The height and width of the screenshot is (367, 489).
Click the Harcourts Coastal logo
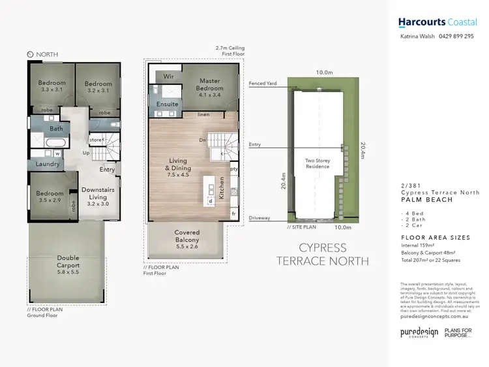pyautogui.click(x=437, y=22)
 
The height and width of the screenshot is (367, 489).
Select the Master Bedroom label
pyautogui.click(x=210, y=84)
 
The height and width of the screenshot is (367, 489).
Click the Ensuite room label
pyautogui.click(x=168, y=104)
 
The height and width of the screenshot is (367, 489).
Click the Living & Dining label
pyautogui.click(x=178, y=165)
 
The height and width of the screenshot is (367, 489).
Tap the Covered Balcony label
pyautogui.click(x=187, y=236)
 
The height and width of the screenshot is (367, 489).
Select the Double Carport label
pyautogui.click(x=68, y=262)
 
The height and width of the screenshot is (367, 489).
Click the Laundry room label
pyautogui.click(x=48, y=165)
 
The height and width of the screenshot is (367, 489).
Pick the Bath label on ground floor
pyautogui.click(x=56, y=129)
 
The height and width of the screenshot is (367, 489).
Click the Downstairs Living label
pyautogui.click(x=98, y=193)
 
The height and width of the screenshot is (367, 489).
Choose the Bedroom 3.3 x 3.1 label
pyautogui.click(x=52, y=87)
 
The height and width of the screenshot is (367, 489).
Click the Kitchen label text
pyautogui.click(x=222, y=187)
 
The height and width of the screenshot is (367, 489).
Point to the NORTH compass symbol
pyautogui.click(x=31, y=55)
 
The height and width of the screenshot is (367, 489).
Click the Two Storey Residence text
pyautogui.click(x=319, y=163)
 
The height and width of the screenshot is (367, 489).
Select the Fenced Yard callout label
pyautogui.click(x=263, y=84)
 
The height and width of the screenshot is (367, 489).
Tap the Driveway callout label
pyautogui.click(x=259, y=219)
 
